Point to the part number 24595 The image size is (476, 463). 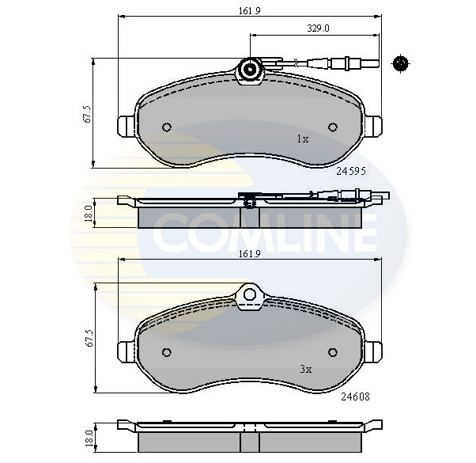(349, 170)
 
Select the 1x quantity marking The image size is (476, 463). (302, 139)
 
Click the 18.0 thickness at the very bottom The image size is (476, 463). (89, 435)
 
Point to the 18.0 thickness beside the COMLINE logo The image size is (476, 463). (89, 212)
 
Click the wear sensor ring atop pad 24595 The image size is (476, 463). (251, 70)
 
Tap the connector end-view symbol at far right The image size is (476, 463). (400, 63)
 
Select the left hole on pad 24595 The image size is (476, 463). (166, 127)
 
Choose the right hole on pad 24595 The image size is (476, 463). (332, 127)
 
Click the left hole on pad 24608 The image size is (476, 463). (166, 352)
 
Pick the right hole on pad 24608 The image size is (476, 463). (332, 352)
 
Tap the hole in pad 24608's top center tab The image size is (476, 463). (251, 295)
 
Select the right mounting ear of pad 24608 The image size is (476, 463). (372, 351)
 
